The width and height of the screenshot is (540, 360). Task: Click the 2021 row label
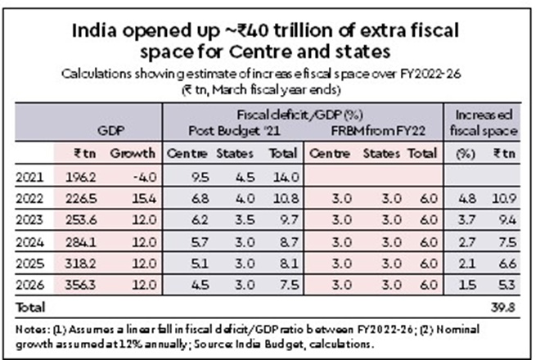coord(34,175)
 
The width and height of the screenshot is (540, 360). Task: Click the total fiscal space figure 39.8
coord(505,307)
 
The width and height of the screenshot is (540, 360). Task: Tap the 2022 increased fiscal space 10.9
coord(505,197)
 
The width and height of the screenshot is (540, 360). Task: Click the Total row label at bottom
coord(32,307)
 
